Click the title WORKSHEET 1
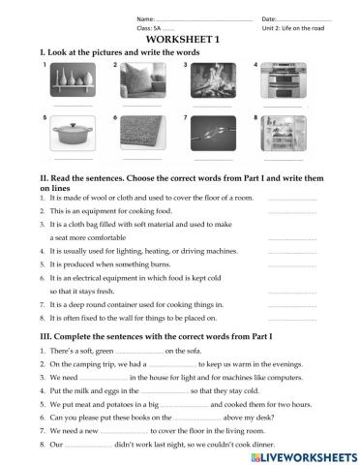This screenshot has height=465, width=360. [179, 37]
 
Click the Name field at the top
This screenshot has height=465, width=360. [184, 18]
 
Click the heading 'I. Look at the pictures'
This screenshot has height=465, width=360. [106, 48]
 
